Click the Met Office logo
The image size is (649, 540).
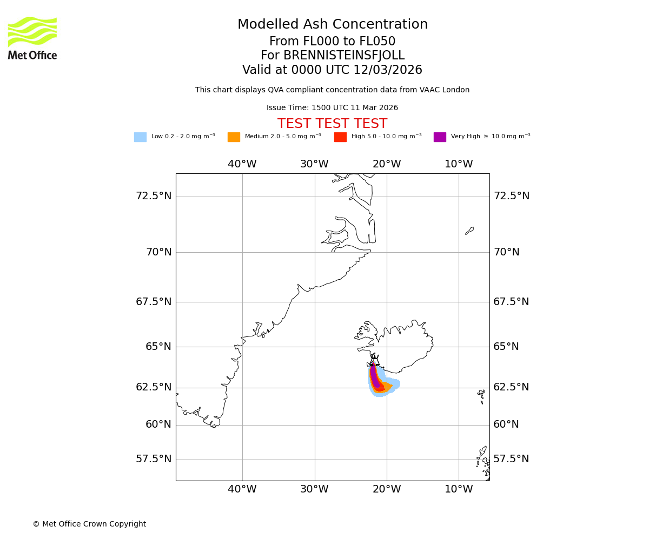click(x=32, y=38)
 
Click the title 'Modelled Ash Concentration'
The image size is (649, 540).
click(x=333, y=25)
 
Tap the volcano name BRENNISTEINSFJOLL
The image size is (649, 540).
click(x=333, y=56)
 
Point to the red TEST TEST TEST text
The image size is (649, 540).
click(x=332, y=124)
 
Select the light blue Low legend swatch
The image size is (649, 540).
click(x=140, y=137)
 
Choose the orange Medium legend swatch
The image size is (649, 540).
click(x=234, y=137)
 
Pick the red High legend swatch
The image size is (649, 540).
click(x=340, y=137)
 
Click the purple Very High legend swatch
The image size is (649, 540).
click(x=440, y=137)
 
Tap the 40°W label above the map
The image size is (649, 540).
click(x=242, y=164)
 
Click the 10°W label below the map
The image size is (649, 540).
click(x=459, y=489)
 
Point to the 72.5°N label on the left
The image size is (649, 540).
click(x=154, y=196)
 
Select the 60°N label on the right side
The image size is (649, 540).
click(x=506, y=424)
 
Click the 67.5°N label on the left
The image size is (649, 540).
click(x=154, y=302)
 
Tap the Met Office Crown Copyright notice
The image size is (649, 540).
click(x=89, y=524)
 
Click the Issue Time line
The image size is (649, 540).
click(x=332, y=108)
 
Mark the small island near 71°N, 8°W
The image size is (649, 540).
click(x=469, y=231)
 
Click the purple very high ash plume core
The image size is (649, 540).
click(x=373, y=375)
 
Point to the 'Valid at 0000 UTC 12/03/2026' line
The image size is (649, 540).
click(x=332, y=70)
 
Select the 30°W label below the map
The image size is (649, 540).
click(x=314, y=489)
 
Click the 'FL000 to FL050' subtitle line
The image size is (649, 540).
click(x=332, y=42)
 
